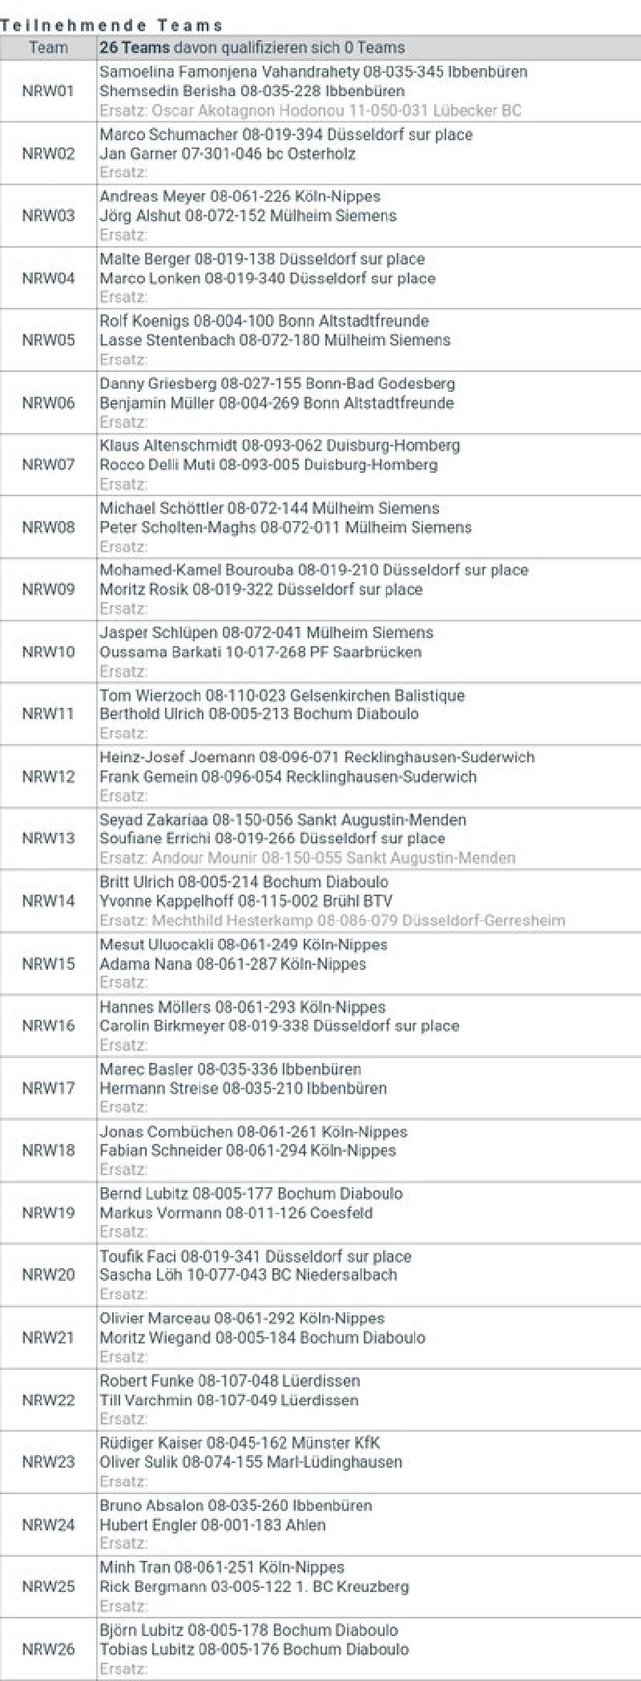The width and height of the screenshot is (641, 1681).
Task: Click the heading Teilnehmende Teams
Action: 111,26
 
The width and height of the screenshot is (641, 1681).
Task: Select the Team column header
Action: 48,47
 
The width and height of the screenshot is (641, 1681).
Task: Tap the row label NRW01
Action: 48,91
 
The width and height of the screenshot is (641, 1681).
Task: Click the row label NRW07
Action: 48,465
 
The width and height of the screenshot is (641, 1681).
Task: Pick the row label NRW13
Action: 48,838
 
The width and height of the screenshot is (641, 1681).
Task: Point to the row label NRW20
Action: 48,1275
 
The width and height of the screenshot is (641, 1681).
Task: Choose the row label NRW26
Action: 48,1649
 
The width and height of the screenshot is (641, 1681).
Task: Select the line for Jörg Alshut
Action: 248,216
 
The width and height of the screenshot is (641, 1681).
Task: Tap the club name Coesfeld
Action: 341,1213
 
